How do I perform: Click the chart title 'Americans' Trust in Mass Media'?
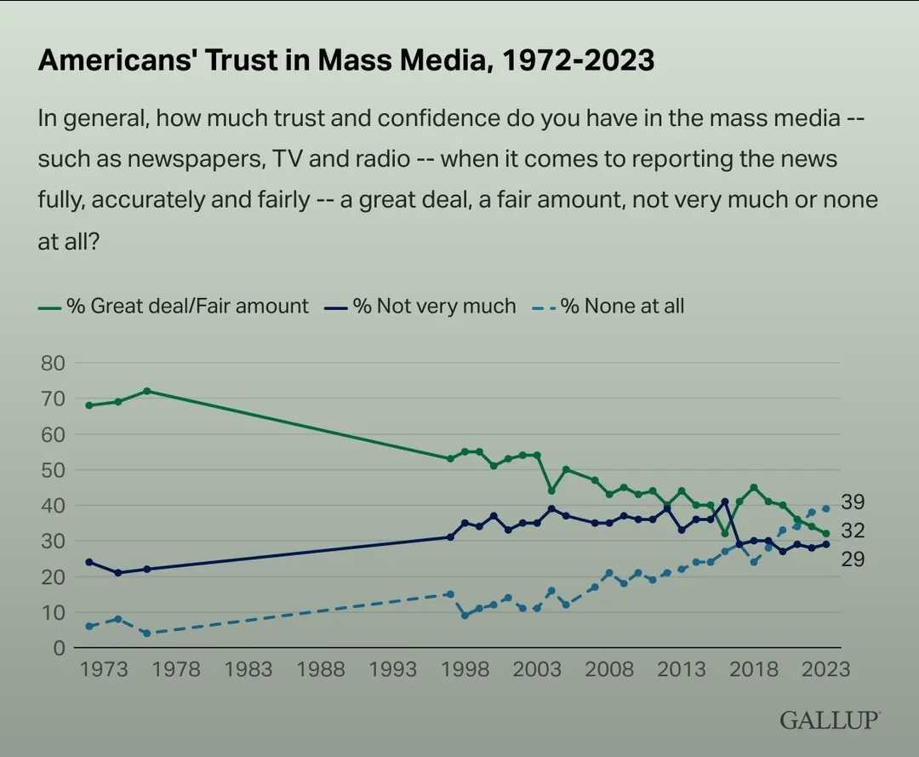tap(346, 60)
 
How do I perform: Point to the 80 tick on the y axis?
tap(52, 363)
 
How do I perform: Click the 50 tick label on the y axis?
tap(52, 470)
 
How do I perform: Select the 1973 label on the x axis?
tap(104, 669)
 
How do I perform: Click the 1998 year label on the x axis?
tap(465, 669)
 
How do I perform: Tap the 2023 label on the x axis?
tap(826, 669)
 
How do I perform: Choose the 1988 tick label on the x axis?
tap(321, 669)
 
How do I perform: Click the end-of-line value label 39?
tap(853, 502)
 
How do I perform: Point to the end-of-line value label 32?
tap(853, 530)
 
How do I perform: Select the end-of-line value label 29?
tap(853, 559)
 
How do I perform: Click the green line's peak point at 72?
tap(147, 391)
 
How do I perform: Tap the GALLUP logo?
tap(830, 720)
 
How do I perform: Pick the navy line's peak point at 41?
tap(725, 502)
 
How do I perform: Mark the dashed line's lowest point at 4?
tap(147, 634)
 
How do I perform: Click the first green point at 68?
tap(89, 405)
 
